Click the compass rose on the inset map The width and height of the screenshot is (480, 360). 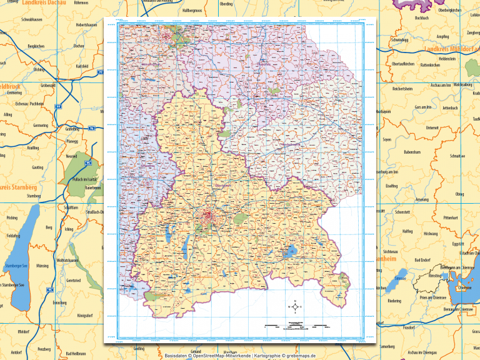tap(294, 306)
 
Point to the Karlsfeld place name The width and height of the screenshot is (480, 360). tap(82, 66)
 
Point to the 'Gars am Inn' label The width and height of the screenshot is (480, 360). tap(423, 107)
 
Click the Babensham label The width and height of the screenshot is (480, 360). tap(412, 152)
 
